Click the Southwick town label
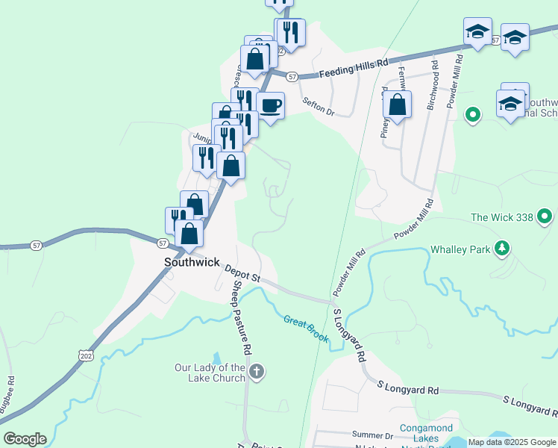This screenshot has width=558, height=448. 191,262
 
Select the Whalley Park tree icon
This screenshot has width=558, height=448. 504,248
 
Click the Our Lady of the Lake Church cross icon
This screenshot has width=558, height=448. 257,372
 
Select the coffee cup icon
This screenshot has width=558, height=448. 270,106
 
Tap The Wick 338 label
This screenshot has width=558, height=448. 502,218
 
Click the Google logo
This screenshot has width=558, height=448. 25,439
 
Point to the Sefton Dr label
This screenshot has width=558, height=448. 319,108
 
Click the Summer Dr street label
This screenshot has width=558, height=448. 372,435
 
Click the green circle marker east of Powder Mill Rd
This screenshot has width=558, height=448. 471,115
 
